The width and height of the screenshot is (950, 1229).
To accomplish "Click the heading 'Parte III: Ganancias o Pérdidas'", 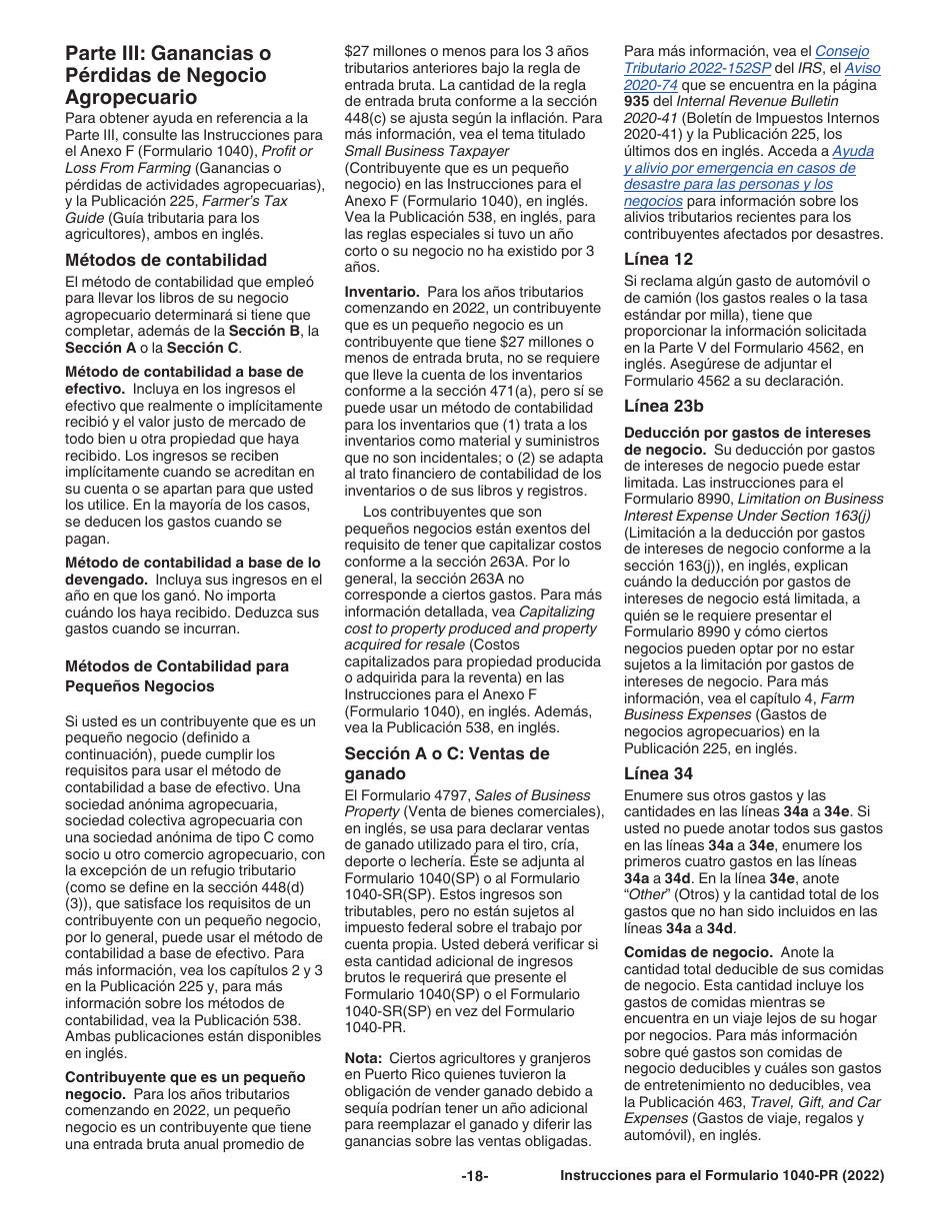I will tap(167, 75).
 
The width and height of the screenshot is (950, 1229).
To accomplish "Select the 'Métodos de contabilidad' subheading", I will tap(166, 260).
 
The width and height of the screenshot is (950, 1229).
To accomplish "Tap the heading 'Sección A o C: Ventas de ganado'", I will tap(447, 763).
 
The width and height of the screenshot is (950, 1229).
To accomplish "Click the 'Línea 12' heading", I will tap(657, 259).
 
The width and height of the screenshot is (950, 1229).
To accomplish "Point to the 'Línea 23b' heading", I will tap(663, 406).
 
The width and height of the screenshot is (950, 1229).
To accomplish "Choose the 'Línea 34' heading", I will tap(657, 773).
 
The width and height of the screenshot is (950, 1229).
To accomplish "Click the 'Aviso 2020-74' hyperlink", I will tap(862, 69).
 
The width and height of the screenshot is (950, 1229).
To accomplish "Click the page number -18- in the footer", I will tap(474, 1176).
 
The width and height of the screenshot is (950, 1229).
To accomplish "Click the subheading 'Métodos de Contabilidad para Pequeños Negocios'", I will tap(177, 676).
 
